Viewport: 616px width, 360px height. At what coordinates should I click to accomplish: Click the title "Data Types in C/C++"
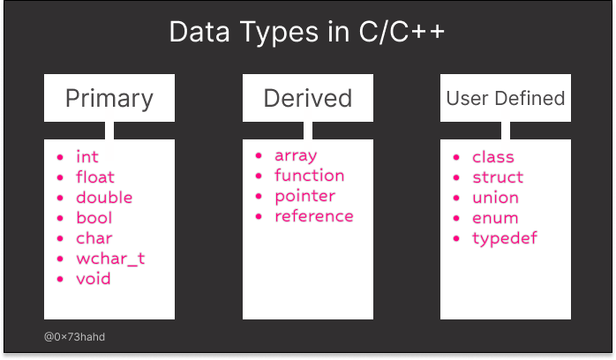(x=307, y=32)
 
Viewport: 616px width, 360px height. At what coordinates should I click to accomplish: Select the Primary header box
(x=109, y=98)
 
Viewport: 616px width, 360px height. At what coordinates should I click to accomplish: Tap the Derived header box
(x=308, y=98)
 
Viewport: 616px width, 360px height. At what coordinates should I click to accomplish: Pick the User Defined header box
(x=506, y=98)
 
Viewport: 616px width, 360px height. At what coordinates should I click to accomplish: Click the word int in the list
(x=86, y=157)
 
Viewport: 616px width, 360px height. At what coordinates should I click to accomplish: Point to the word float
(x=95, y=177)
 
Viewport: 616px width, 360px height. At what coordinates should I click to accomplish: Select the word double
(x=104, y=198)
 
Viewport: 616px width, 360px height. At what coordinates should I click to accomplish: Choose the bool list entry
(x=94, y=218)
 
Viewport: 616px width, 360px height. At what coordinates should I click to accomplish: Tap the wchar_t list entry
(x=110, y=259)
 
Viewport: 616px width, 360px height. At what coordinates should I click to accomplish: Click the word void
(x=94, y=279)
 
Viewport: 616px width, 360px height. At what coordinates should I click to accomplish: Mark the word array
(x=296, y=156)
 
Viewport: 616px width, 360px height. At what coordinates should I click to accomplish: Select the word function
(x=309, y=176)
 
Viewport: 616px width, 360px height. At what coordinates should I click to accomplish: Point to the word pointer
(x=304, y=197)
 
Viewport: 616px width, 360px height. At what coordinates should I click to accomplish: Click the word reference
(x=314, y=216)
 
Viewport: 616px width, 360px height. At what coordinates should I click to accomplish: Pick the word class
(x=493, y=157)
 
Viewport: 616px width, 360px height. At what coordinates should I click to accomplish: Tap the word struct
(x=498, y=177)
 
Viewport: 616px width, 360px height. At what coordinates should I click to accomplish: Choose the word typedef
(x=505, y=239)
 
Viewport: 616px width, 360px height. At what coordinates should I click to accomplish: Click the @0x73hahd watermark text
(x=74, y=337)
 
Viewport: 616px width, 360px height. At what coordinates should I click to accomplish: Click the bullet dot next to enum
(x=456, y=218)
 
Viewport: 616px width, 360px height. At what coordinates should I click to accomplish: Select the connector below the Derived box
(x=308, y=131)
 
